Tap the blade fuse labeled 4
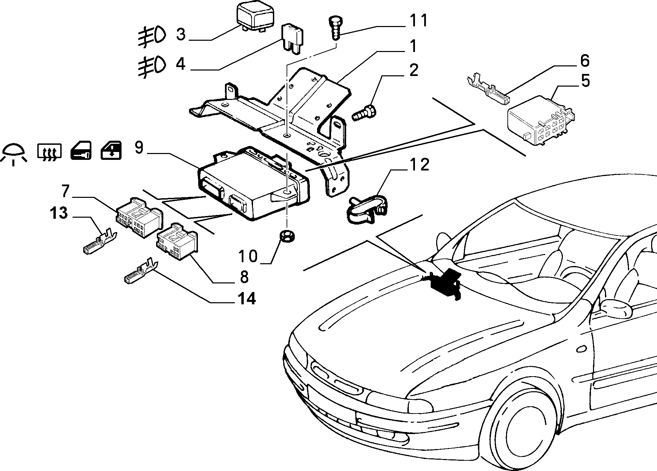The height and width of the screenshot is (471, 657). coord(293,38)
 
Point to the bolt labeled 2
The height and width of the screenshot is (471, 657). coord(364,113)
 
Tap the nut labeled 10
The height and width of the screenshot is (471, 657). coord(287,236)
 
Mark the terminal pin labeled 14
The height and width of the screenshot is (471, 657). coord(141,271)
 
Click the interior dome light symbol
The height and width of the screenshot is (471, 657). coord(14,154)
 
